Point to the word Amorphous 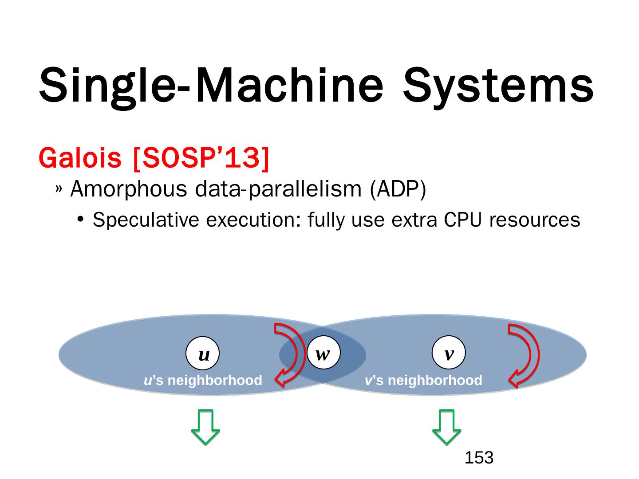(129, 190)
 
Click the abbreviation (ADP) (398, 190)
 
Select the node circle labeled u (203, 354)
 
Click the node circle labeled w (323, 353)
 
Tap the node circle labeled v (449, 353)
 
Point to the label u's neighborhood (203, 381)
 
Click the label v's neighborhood (423, 381)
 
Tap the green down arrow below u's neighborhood (205, 427)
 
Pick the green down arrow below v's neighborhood (447, 427)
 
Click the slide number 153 (479, 458)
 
